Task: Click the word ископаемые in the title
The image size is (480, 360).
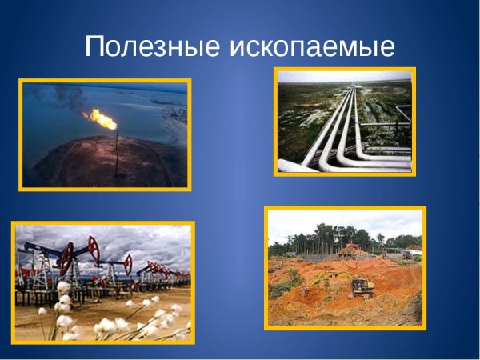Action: (x=312, y=46)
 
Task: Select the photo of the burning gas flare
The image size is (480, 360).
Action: (x=105, y=134)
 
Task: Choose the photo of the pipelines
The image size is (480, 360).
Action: (x=344, y=121)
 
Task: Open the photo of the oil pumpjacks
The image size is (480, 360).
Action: (x=102, y=282)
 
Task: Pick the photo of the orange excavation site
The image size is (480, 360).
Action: (x=345, y=267)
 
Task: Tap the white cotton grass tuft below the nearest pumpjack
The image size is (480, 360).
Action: (x=63, y=288)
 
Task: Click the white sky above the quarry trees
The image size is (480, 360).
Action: (x=344, y=222)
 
